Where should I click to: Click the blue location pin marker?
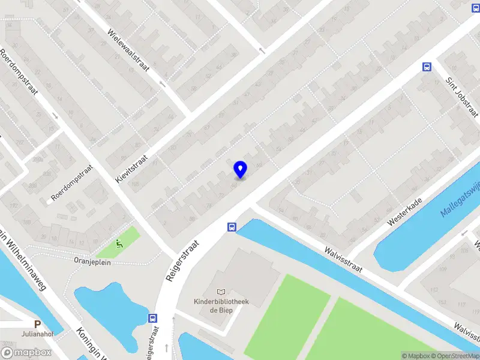(240, 169)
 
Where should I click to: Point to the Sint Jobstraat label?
(461, 97)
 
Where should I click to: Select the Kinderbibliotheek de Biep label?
(221, 305)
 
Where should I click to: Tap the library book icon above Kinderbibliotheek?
(221, 292)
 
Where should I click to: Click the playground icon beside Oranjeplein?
(119, 244)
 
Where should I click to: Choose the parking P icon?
(37, 323)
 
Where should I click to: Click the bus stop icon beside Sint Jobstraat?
(427, 67)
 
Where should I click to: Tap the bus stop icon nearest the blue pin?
(232, 227)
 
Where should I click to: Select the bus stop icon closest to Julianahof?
(153, 318)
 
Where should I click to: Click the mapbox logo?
(26, 353)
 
